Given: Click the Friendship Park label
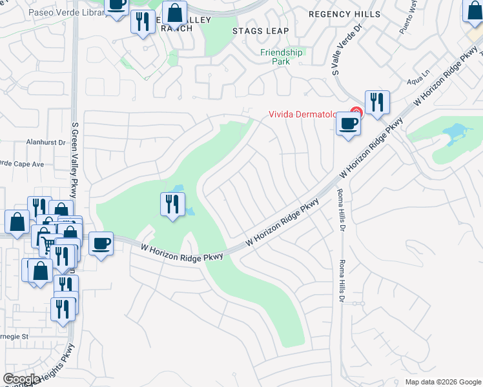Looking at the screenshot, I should (x=281, y=57).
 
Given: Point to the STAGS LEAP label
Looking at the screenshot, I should (x=257, y=30).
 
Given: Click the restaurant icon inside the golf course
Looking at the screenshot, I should (x=171, y=204).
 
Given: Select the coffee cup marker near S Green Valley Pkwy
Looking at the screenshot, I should (x=101, y=244).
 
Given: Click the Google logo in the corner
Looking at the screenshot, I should (x=22, y=379).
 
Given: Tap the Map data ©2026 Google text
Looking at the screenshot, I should (x=442, y=382).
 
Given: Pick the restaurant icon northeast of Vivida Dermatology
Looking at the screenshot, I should (x=377, y=101).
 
